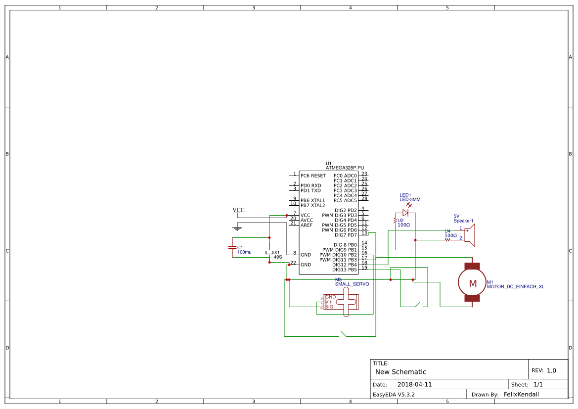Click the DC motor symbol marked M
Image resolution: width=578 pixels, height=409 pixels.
(x=473, y=283)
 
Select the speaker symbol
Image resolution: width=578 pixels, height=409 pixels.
(x=471, y=235)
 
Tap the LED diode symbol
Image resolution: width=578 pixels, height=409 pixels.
(x=405, y=213)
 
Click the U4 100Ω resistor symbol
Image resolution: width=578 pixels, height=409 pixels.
(x=447, y=240)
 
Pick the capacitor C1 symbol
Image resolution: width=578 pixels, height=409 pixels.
(x=232, y=247)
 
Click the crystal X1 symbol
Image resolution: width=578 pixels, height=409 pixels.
(x=269, y=252)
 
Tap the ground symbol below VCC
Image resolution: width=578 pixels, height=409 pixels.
(x=238, y=228)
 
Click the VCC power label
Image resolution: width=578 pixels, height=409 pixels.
(x=238, y=210)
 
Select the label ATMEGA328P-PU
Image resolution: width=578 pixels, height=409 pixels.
(x=345, y=168)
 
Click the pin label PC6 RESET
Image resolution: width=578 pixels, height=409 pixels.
(x=313, y=176)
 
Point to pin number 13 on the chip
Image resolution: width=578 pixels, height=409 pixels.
(x=364, y=233)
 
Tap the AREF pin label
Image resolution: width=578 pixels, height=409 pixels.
(x=307, y=225)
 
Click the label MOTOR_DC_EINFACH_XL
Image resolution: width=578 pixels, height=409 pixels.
(x=516, y=286)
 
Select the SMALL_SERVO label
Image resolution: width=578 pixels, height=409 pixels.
(x=352, y=284)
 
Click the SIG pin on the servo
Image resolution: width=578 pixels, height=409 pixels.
(x=329, y=307)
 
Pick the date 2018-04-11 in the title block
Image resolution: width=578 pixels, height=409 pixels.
(x=414, y=384)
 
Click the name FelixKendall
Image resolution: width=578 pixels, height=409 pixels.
(x=521, y=394)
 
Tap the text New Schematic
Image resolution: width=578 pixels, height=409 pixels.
(x=400, y=372)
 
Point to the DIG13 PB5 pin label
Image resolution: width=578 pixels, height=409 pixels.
(x=345, y=270)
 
